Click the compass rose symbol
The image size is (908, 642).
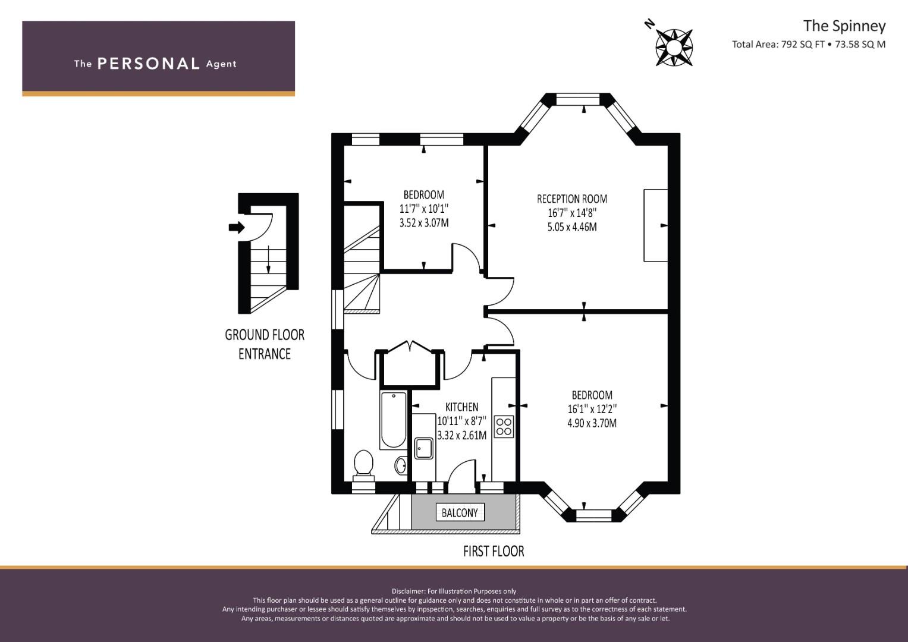(x=674, y=47)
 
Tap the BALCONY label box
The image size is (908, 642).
(x=460, y=512)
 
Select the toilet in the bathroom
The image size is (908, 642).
(x=363, y=465)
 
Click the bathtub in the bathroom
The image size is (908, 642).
(x=393, y=420)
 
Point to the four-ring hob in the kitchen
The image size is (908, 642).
(x=504, y=426)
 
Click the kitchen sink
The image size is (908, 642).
(x=423, y=448)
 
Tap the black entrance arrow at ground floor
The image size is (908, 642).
(x=237, y=227)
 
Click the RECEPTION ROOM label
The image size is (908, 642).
(x=572, y=199)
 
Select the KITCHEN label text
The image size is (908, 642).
(x=461, y=407)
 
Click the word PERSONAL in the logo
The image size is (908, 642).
(x=149, y=64)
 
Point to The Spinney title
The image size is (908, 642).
(x=844, y=26)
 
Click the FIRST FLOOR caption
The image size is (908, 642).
(x=494, y=551)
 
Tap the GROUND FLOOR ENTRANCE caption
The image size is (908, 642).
(x=265, y=344)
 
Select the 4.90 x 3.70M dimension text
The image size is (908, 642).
(x=592, y=423)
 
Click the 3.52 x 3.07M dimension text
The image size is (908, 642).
(x=424, y=223)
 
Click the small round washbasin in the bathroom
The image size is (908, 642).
(x=401, y=465)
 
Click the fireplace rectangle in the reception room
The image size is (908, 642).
(x=655, y=225)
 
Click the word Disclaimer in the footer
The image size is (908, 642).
(x=408, y=591)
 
